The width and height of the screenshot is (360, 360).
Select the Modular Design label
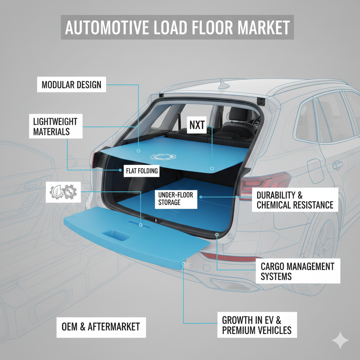point(71,85)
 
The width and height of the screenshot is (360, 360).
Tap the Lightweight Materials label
point(55,127)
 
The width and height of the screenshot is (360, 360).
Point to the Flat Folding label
point(142,172)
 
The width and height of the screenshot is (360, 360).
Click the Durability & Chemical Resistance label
point(295,200)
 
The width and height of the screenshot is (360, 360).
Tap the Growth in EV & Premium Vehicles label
point(256,325)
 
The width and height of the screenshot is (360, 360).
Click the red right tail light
point(265,183)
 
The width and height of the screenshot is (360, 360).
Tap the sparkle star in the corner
point(340,340)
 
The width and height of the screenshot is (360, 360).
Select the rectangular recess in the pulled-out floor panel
point(115,234)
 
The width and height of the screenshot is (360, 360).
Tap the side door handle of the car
point(338,165)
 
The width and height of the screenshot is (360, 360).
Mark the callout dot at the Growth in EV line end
point(184,263)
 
